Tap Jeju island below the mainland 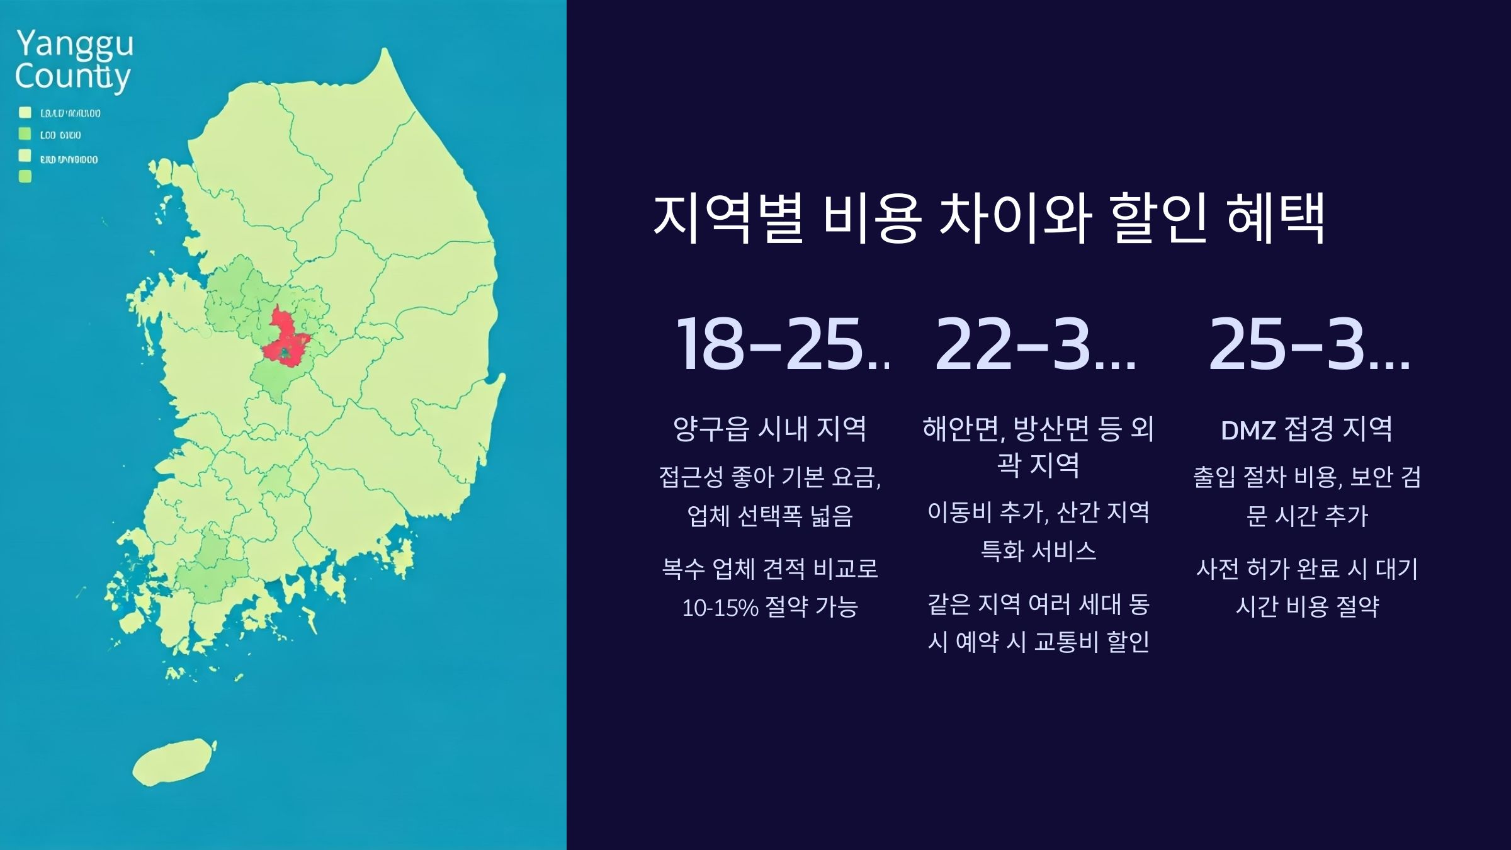point(173,762)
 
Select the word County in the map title point(72,77)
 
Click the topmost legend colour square point(25,113)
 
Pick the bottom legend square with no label point(25,176)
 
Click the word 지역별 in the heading point(728,218)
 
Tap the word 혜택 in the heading point(1276,218)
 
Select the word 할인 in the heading point(1158,218)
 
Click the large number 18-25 point(781,345)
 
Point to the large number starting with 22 point(1036,345)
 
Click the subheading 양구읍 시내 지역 point(770,429)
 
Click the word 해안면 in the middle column point(961,429)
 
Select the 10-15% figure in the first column point(720,608)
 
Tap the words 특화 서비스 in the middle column point(1039,552)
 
